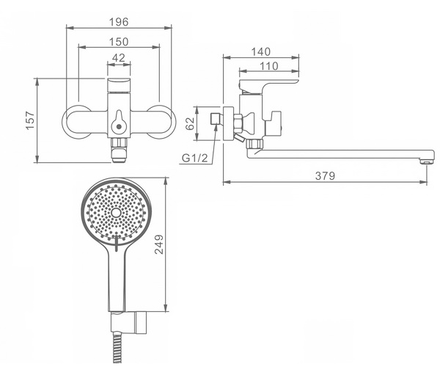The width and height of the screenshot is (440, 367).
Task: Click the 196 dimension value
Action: tap(119, 22)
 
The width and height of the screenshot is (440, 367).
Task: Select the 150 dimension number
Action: tap(119, 42)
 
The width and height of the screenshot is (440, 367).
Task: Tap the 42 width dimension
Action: tap(118, 58)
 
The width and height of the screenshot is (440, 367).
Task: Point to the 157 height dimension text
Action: tap(30, 120)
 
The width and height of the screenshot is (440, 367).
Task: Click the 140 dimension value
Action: tap(260, 52)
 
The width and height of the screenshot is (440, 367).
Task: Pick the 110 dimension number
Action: tap(269, 66)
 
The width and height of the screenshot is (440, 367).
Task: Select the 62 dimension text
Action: tap(190, 123)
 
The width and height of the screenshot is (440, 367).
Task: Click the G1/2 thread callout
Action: tap(194, 158)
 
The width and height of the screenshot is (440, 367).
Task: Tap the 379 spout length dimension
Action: tap(325, 175)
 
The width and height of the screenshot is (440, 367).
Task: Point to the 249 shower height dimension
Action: tap(159, 244)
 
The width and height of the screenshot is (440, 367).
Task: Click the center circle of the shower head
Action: tap(116, 213)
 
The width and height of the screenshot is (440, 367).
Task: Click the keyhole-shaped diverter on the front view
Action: tap(119, 122)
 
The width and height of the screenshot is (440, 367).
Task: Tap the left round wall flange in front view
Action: tap(76, 122)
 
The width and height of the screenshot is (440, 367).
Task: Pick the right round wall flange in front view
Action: tap(161, 122)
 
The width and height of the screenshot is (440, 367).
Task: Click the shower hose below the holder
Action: tap(117, 347)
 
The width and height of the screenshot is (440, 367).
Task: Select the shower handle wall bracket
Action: tap(128, 322)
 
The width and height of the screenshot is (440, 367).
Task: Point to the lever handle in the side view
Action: tap(268, 85)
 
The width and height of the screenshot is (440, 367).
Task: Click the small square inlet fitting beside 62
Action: tap(216, 119)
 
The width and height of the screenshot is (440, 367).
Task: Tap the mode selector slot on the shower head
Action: tap(117, 243)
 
